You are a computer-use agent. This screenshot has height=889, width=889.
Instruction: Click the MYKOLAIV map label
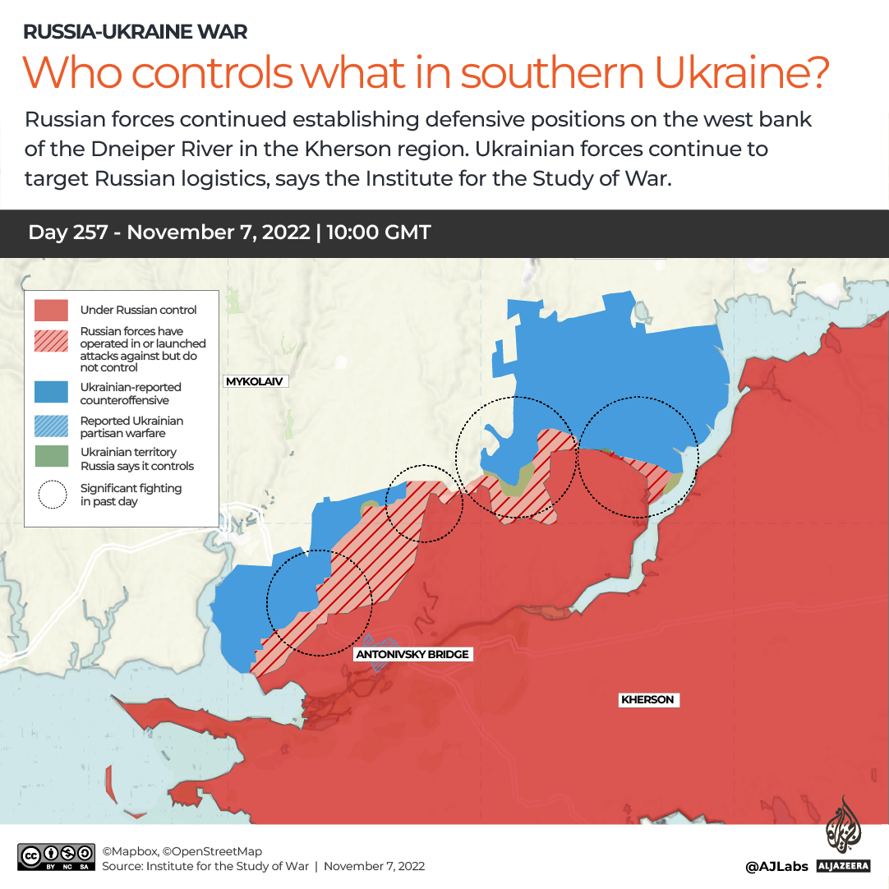click(256, 381)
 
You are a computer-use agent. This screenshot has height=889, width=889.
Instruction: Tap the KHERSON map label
click(647, 700)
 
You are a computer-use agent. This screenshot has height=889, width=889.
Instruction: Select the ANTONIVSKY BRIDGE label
click(412, 655)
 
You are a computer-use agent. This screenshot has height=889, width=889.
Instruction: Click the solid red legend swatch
click(51, 310)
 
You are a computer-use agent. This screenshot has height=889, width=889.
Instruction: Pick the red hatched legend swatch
click(51, 341)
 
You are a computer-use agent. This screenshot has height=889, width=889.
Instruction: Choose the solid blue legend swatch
click(51, 392)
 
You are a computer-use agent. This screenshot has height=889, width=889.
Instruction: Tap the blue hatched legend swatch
click(51, 426)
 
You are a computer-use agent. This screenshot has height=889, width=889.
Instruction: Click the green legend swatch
click(51, 458)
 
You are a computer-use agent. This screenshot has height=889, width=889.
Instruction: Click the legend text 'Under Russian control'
click(138, 310)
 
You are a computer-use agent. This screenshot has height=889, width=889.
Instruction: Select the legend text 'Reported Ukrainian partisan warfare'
click(131, 427)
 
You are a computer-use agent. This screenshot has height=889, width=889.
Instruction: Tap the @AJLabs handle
click(776, 866)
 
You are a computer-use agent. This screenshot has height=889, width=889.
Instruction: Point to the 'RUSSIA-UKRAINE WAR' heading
click(136, 32)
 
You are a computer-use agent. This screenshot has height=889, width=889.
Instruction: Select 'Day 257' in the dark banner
click(67, 233)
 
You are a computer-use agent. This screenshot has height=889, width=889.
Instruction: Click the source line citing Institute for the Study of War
click(263, 866)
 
